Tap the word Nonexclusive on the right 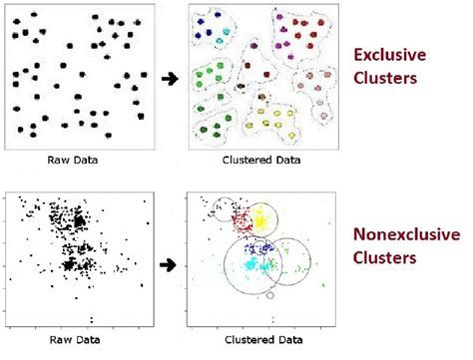(x=406, y=235)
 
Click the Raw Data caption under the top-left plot (x=79, y=160)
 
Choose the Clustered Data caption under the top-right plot (x=261, y=160)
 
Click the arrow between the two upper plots (x=172, y=75)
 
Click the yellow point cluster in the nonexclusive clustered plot (x=262, y=216)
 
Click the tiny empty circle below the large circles (x=268, y=295)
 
